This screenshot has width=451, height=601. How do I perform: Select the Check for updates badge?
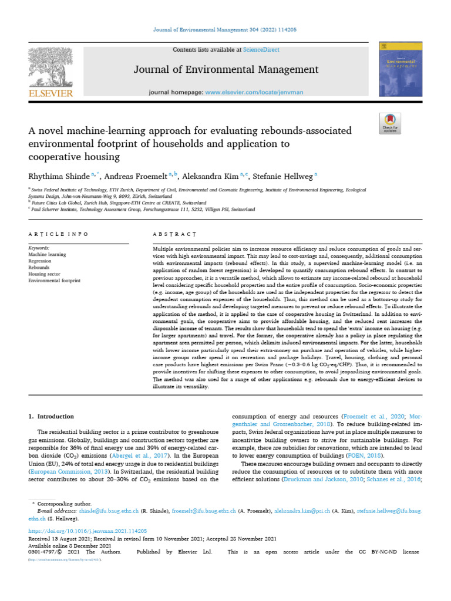pos(390,121)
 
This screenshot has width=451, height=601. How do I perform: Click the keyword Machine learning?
pos(47,255)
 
